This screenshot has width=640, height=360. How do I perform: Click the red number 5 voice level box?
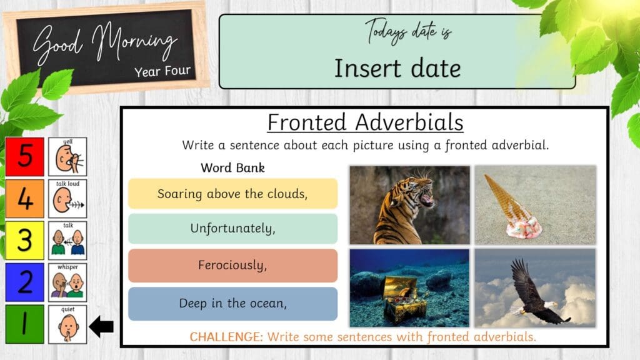(25, 157)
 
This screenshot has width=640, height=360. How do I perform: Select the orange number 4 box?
(25, 199)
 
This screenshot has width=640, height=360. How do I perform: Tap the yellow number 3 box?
(25, 241)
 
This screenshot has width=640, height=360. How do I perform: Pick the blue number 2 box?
(25, 282)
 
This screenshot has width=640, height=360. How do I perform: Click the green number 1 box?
(25, 324)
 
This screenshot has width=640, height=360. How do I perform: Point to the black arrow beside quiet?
(101, 325)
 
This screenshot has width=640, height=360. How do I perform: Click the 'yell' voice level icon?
(67, 157)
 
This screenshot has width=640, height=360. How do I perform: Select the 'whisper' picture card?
(67, 282)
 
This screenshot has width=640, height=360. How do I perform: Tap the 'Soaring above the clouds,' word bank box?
(232, 194)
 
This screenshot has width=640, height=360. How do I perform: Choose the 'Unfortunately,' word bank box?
(232, 229)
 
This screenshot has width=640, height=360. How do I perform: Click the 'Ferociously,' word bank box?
(232, 266)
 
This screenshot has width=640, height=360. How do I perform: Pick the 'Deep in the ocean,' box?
(232, 304)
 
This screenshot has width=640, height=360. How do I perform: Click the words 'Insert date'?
(397, 68)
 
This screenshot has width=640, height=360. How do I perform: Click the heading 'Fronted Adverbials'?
(366, 122)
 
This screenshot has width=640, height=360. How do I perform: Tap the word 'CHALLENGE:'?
(226, 337)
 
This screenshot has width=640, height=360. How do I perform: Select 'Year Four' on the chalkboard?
(162, 71)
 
